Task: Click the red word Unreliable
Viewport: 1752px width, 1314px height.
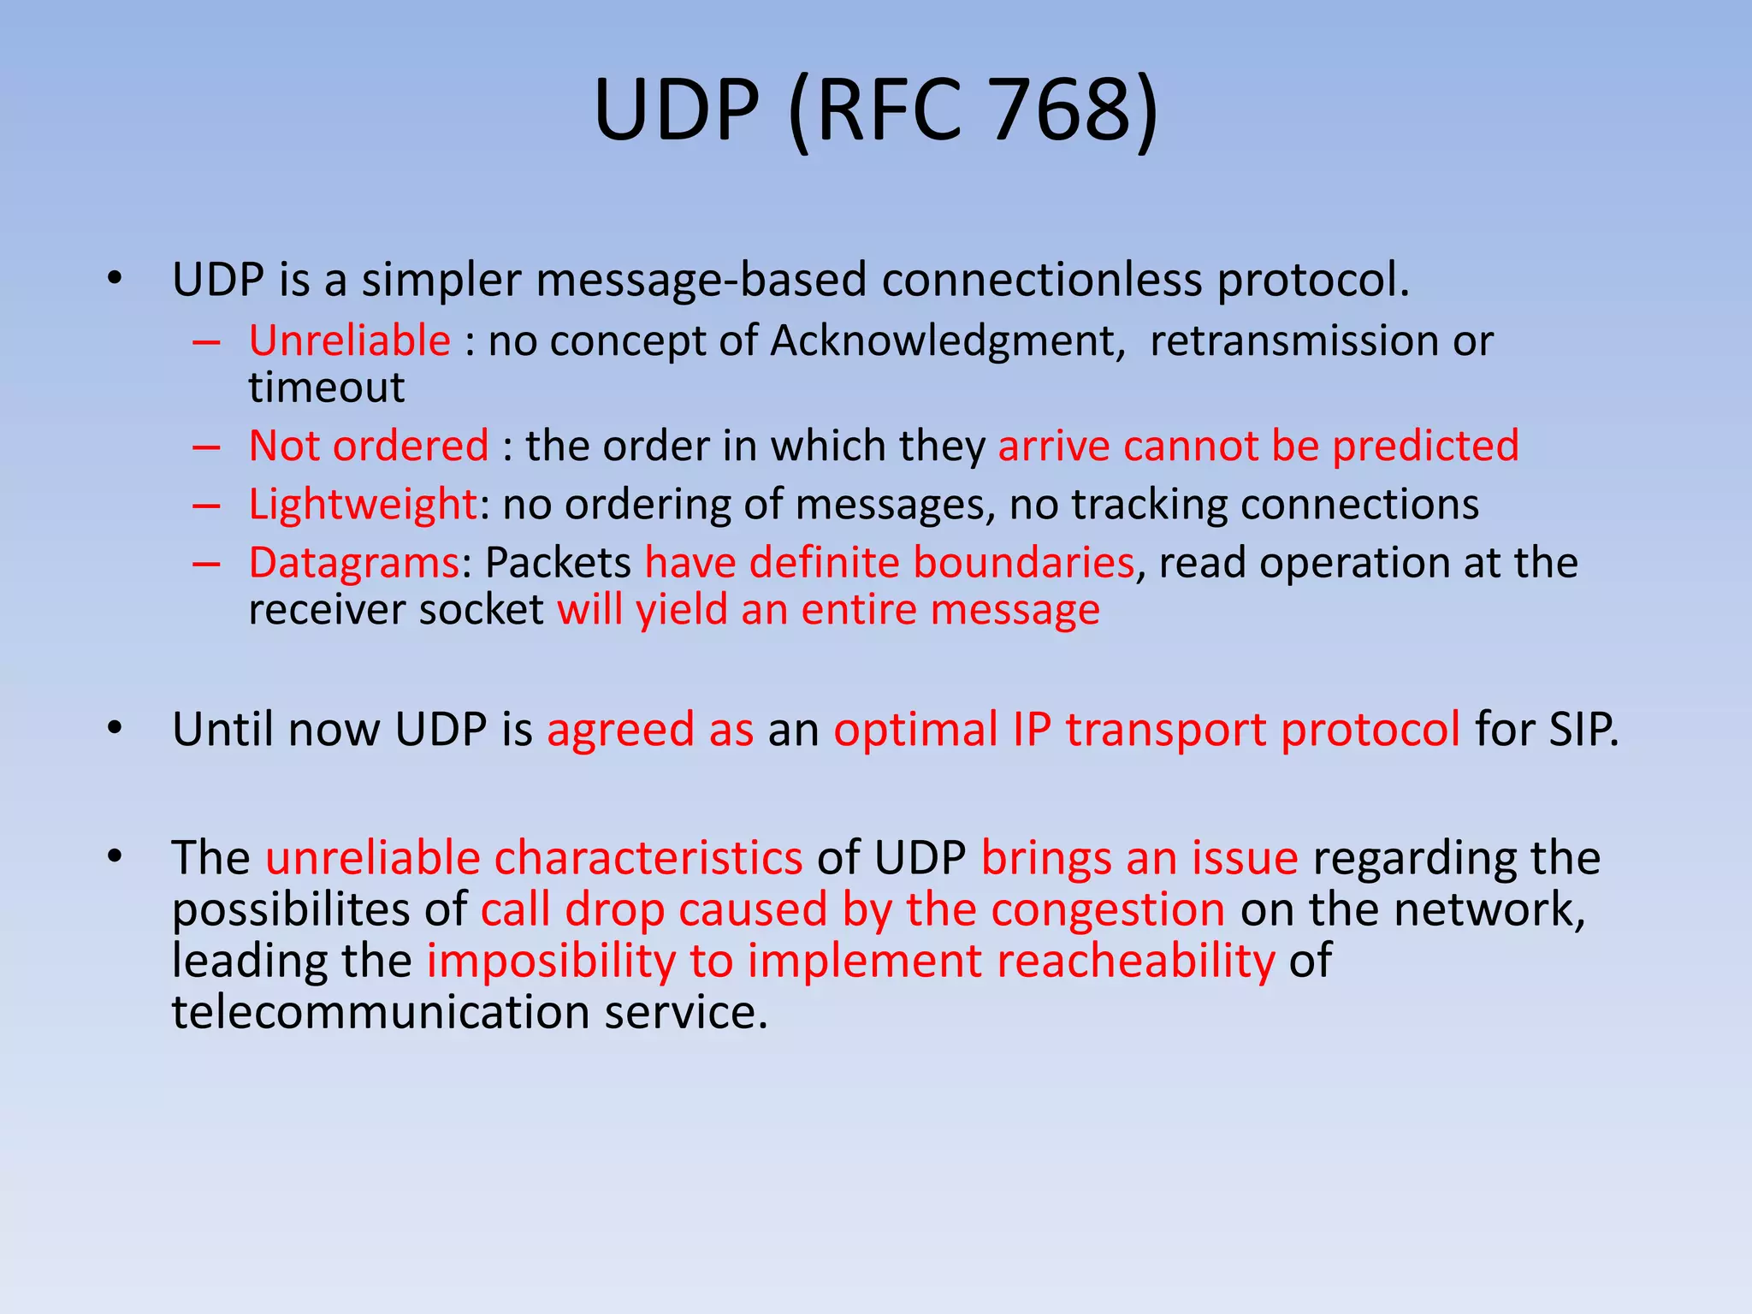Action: click(349, 340)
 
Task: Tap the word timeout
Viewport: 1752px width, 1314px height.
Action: click(327, 388)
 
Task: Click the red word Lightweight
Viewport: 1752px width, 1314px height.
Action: click(362, 504)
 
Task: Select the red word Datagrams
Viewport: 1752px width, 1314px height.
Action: click(354, 563)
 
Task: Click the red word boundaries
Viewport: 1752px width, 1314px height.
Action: click(1023, 563)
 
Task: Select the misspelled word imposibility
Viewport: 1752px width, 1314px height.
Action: click(551, 961)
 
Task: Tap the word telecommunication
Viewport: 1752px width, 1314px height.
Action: click(381, 1012)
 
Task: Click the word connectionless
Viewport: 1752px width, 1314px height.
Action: click(1042, 280)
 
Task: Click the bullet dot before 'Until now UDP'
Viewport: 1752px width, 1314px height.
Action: click(115, 729)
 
